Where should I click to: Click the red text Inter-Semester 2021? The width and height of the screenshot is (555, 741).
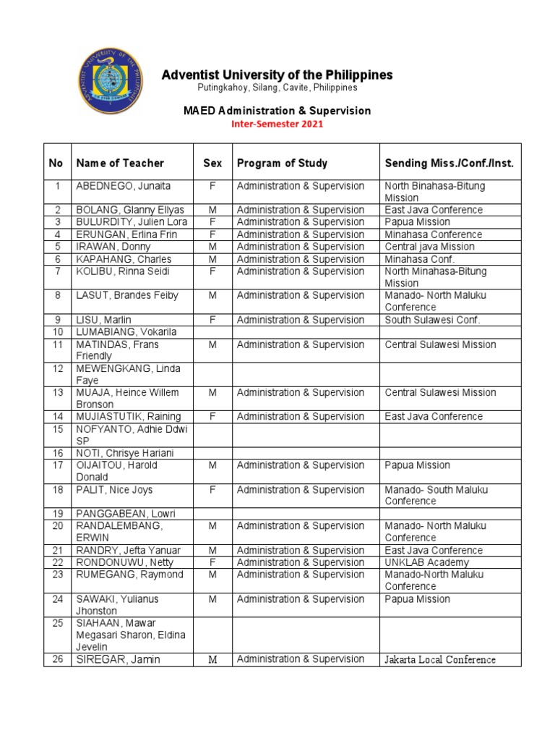(x=277, y=124)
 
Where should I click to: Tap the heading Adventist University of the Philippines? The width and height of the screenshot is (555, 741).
(x=277, y=75)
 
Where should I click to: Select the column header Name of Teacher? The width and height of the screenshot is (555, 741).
(x=120, y=164)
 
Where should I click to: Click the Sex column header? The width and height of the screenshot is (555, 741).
(x=212, y=164)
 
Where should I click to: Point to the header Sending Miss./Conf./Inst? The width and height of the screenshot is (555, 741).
(x=449, y=164)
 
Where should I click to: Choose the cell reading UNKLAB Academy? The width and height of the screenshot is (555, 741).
(x=427, y=562)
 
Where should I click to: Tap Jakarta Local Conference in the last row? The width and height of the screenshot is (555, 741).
(x=440, y=659)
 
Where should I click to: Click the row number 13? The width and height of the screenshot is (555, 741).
(x=56, y=392)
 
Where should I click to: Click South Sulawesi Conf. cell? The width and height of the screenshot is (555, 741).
(x=433, y=319)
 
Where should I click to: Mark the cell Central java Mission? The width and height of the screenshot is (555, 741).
(x=430, y=247)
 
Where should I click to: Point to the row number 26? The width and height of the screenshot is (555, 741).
(x=56, y=659)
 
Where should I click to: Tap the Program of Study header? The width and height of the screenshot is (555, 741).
(x=282, y=164)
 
